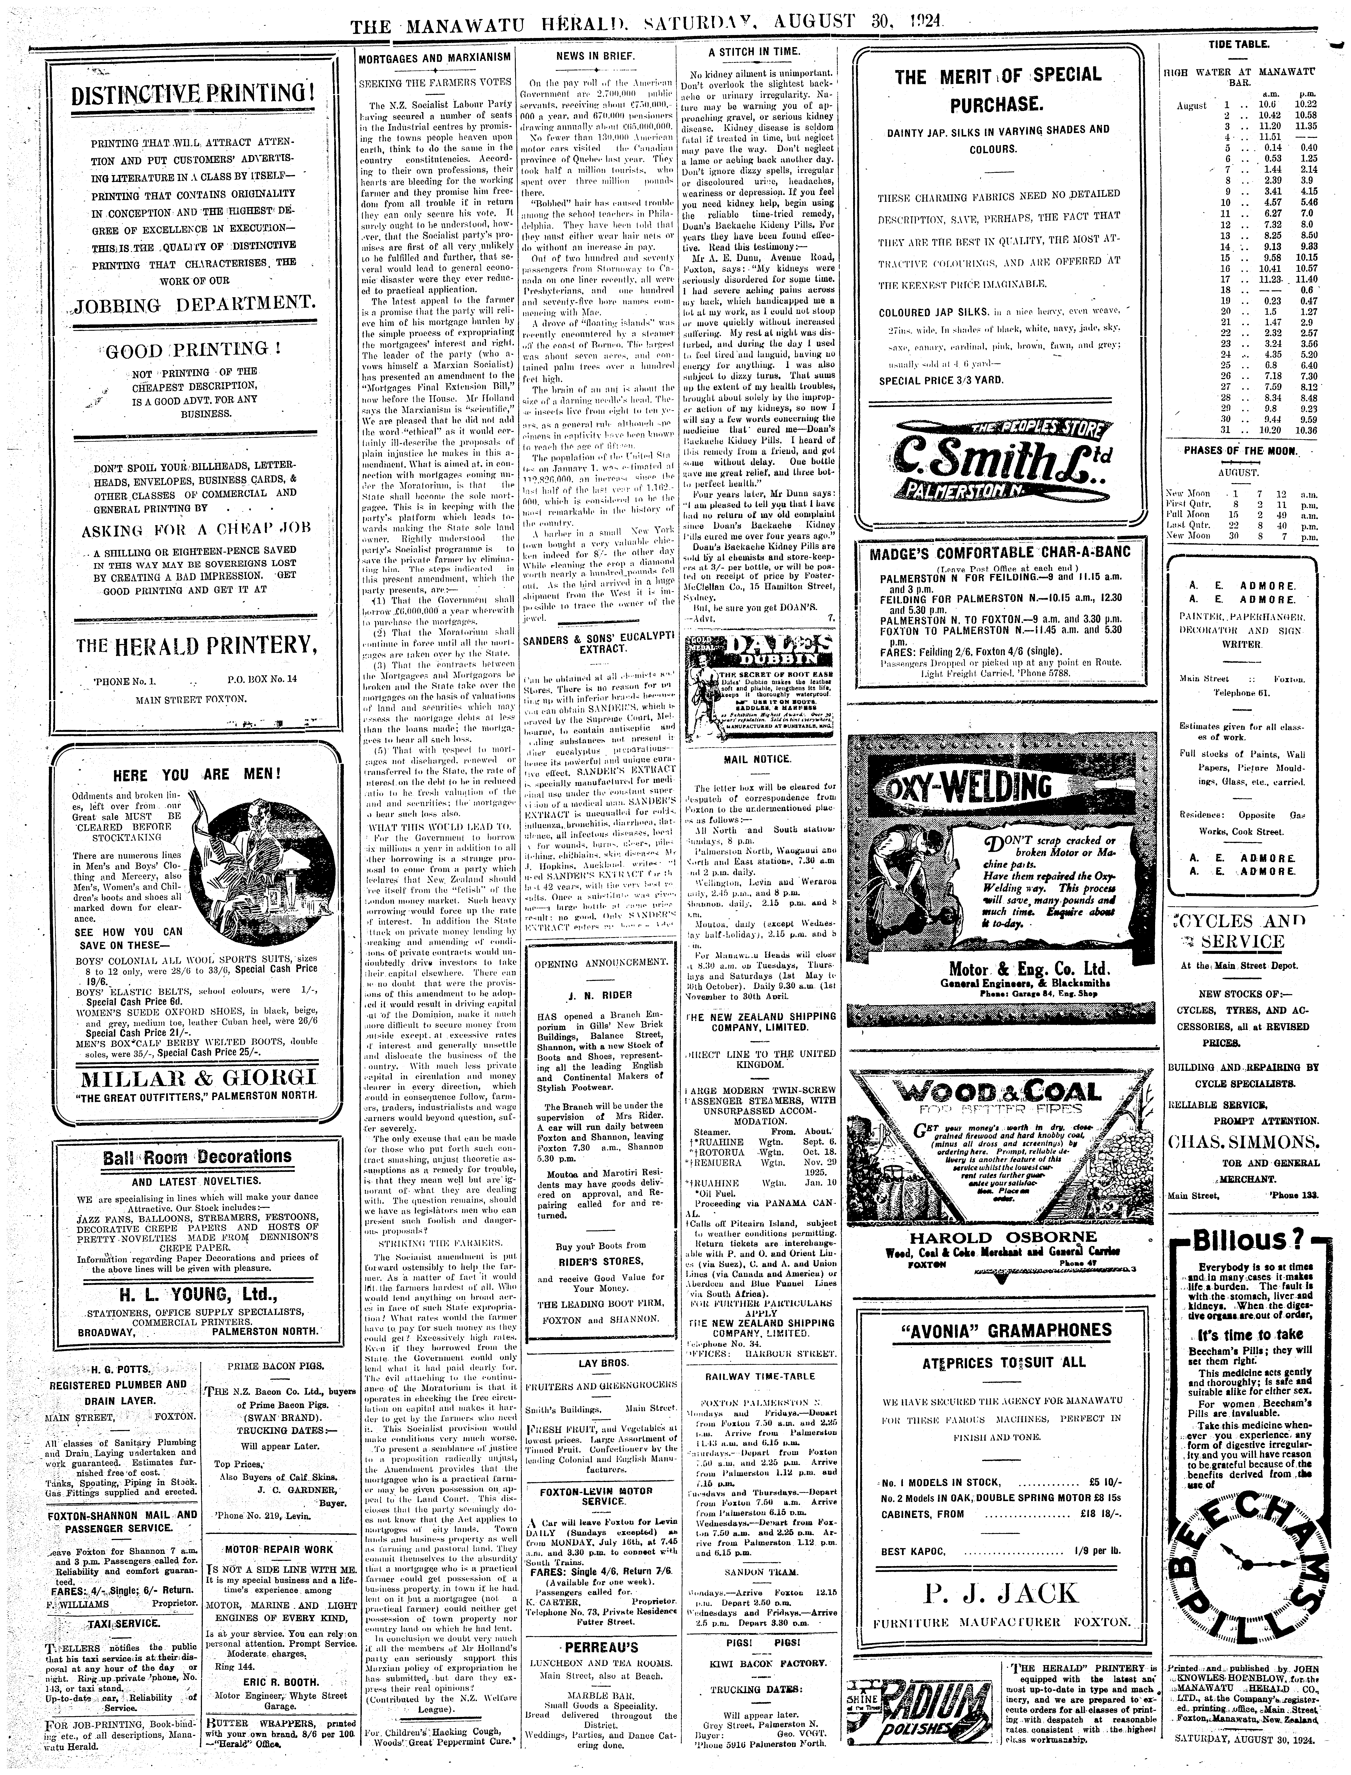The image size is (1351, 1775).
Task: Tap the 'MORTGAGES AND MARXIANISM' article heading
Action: (x=433, y=58)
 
